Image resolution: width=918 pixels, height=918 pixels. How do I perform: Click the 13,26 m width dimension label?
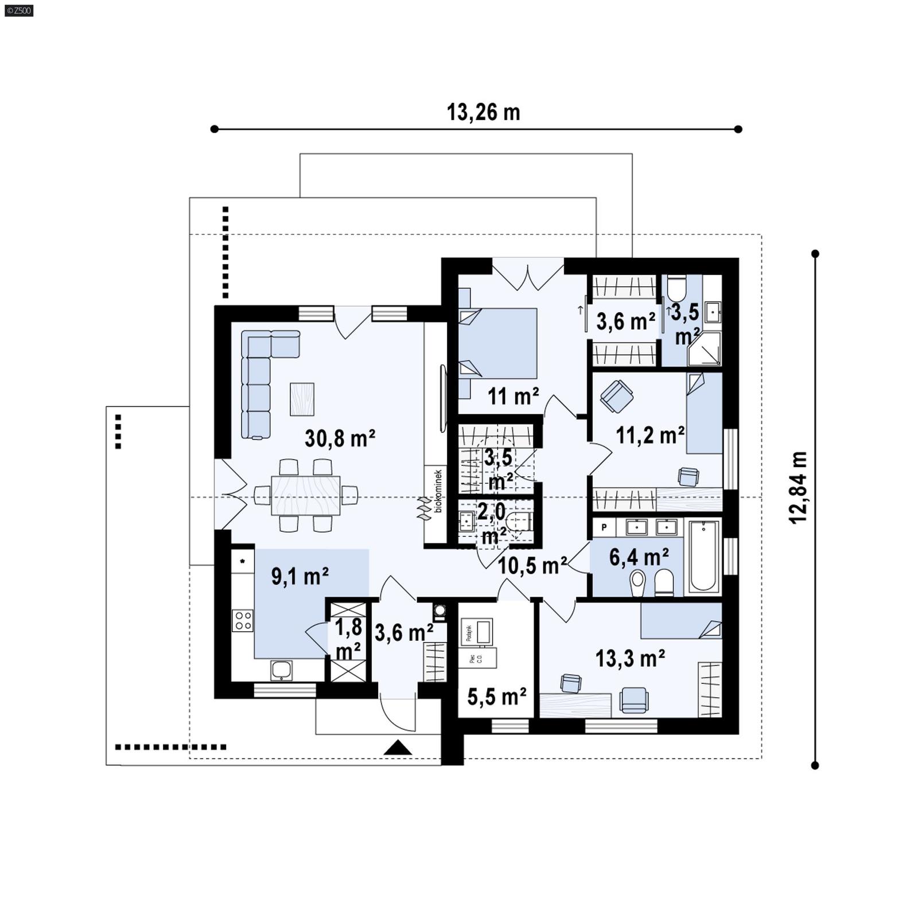coord(483,112)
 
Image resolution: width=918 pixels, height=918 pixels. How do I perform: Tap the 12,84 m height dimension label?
coord(798,487)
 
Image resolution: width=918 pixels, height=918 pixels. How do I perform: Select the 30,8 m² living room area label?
coord(340,438)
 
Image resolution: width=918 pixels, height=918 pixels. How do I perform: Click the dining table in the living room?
coord(306,496)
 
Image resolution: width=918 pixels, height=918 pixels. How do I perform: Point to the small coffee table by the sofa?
coord(302,399)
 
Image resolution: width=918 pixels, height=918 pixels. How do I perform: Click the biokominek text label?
coord(438,491)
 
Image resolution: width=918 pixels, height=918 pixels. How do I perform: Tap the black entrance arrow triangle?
coord(398,748)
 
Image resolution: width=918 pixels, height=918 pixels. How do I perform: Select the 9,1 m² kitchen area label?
coord(299,576)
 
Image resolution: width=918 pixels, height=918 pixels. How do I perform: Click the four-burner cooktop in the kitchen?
coord(243,620)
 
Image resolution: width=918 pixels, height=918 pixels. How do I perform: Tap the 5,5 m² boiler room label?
coord(497,697)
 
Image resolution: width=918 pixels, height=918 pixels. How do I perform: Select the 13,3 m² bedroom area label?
coord(630,658)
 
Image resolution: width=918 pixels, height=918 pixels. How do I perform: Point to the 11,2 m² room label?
coord(649,435)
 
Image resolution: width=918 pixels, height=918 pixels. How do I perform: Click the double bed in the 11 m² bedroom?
coord(498,343)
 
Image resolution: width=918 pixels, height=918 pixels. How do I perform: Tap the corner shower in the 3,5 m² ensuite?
coord(705,348)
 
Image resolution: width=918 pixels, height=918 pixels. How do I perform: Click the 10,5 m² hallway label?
coord(532,565)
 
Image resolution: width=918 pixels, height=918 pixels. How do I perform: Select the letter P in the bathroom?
coord(604,526)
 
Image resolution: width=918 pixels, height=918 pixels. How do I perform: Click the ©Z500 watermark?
coord(18,10)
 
